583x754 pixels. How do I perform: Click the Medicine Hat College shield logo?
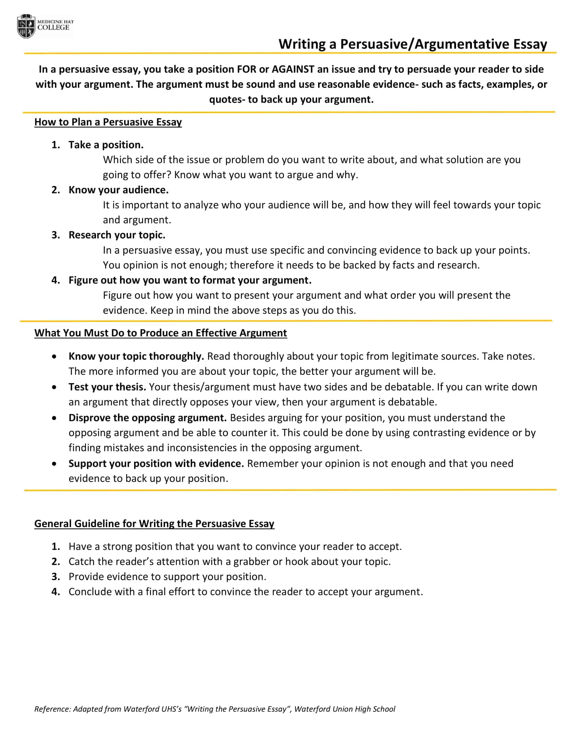tap(26, 26)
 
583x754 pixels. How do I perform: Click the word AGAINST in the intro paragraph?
tap(293, 69)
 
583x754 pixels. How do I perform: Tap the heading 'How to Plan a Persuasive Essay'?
tap(108, 122)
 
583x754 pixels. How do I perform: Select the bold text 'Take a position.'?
tap(106, 145)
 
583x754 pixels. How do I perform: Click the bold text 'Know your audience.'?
tap(118, 190)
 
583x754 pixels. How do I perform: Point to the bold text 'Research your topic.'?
tap(117, 235)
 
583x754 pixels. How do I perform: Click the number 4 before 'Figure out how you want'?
tap(55, 280)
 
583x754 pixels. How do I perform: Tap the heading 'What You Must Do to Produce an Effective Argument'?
tap(160, 333)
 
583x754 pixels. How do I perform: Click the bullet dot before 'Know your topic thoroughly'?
tap(54, 356)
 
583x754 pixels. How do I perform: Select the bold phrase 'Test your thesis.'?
tap(107, 387)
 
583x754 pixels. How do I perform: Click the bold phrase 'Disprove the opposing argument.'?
tap(147, 418)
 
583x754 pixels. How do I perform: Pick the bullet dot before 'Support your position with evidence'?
tap(54, 464)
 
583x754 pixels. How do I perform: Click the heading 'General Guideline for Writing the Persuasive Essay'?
tap(154, 524)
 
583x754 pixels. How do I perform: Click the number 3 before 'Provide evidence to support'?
tap(55, 577)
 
